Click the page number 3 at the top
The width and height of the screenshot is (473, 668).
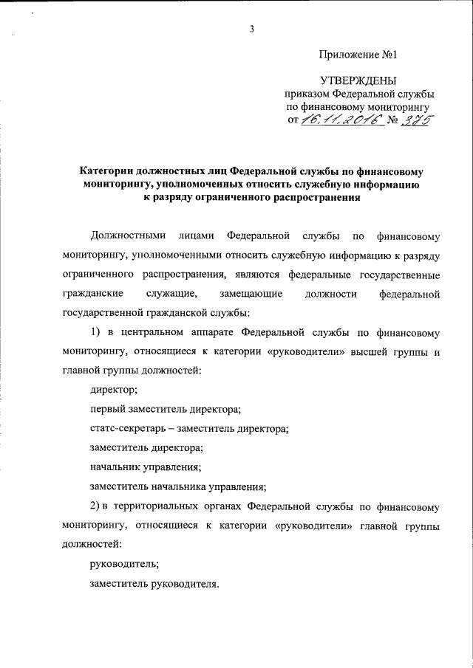pos(251,29)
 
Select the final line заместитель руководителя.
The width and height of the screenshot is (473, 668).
pos(154,583)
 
